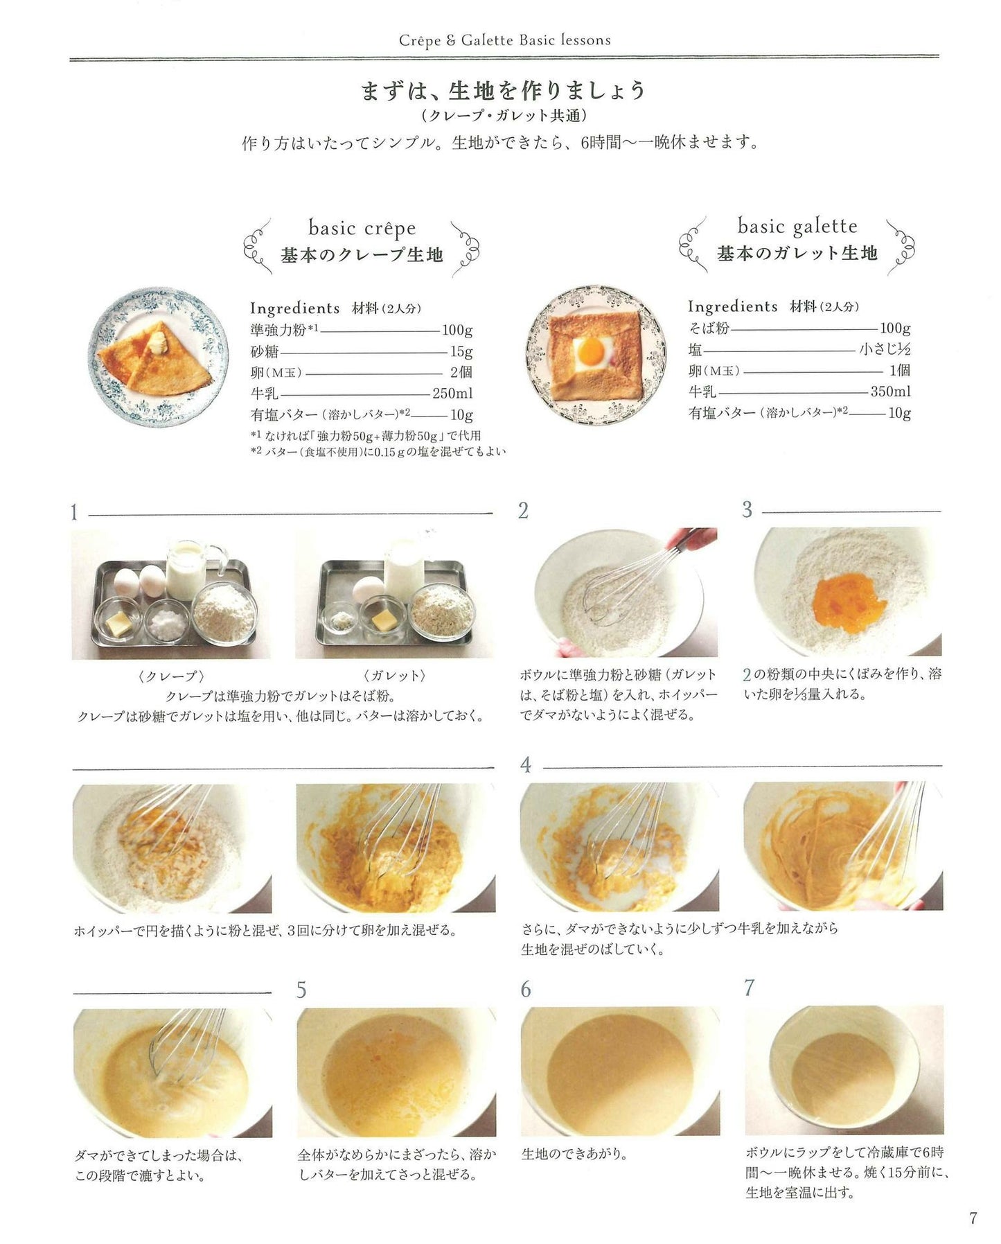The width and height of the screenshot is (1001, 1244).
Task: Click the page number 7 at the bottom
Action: click(973, 1218)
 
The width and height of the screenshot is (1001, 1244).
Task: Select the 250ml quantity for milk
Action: click(452, 394)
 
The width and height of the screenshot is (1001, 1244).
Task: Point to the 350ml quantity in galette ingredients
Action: click(890, 392)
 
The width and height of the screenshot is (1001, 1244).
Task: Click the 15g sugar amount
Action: click(461, 351)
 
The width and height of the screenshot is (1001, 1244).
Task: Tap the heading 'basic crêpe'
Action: click(362, 228)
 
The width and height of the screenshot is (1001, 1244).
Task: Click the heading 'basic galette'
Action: click(797, 226)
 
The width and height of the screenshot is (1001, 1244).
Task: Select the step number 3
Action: click(747, 510)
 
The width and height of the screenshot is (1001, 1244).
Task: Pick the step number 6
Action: click(526, 989)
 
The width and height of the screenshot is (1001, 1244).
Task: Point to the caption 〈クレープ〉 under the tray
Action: click(171, 676)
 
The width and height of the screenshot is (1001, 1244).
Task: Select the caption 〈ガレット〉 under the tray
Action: click(394, 676)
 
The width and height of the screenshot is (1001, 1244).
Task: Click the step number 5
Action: click(301, 990)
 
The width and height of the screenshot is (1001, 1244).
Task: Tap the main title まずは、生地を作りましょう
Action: click(504, 90)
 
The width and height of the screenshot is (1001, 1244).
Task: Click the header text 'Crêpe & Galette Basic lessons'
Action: click(505, 40)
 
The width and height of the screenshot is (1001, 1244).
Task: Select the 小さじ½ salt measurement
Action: click(885, 349)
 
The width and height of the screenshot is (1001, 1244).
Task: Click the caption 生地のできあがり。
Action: click(574, 1155)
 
